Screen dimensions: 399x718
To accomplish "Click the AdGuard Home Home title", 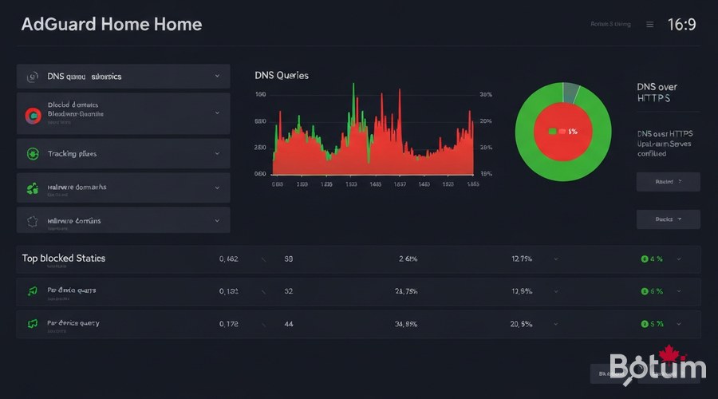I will click(x=112, y=24).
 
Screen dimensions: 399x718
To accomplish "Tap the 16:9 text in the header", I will click(x=681, y=25).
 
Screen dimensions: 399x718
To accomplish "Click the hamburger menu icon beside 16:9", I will click(x=650, y=25).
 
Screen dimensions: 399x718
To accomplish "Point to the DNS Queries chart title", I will click(x=282, y=75).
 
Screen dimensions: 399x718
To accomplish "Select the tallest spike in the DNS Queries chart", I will click(x=353, y=88).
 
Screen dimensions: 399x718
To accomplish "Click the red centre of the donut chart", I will click(x=562, y=131).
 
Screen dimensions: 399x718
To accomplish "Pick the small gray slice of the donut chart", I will click(x=570, y=93).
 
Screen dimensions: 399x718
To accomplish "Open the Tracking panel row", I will click(x=123, y=153).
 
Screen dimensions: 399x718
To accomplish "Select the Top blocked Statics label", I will click(x=64, y=259).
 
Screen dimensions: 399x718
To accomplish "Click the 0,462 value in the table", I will click(x=229, y=259).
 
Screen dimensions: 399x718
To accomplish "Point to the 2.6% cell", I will click(x=408, y=259).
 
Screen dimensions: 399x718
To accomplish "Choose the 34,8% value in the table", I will click(x=407, y=324).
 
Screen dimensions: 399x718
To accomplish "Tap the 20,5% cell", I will click(x=521, y=324).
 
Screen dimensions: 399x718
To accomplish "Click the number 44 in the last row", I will click(x=289, y=324).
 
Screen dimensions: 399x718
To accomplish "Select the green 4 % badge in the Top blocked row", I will click(x=652, y=259).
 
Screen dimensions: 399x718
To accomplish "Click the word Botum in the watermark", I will click(x=657, y=368).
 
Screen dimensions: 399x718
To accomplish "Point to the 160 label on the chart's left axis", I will click(x=260, y=94).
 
